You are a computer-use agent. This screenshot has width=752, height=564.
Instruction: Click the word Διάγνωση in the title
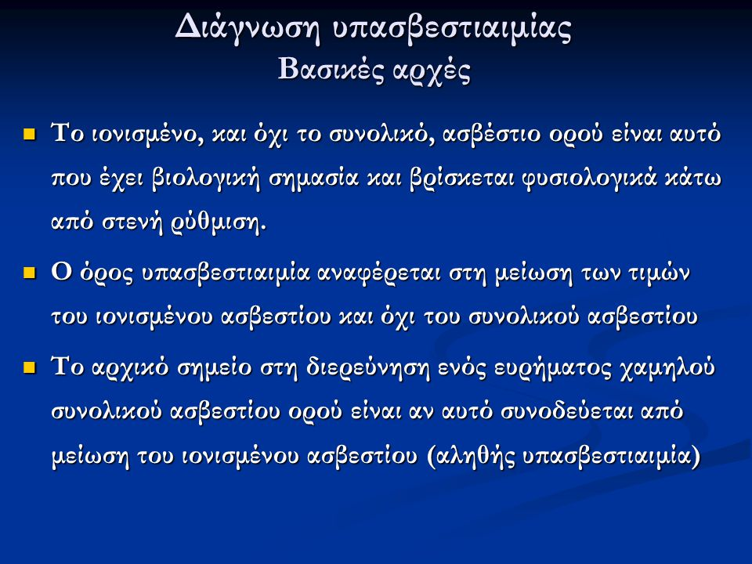pyautogui.click(x=248, y=29)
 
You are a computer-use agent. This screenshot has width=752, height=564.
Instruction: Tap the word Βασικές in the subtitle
pyautogui.click(x=331, y=70)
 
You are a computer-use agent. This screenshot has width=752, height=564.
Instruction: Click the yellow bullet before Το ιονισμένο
pyautogui.click(x=30, y=133)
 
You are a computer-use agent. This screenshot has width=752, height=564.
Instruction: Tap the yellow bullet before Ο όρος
pyautogui.click(x=30, y=273)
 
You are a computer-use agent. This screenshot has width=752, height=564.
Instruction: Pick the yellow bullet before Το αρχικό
pyautogui.click(x=30, y=368)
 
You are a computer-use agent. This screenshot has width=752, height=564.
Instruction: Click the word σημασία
pyautogui.click(x=313, y=179)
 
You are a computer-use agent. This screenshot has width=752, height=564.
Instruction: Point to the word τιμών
pyautogui.click(x=659, y=273)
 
